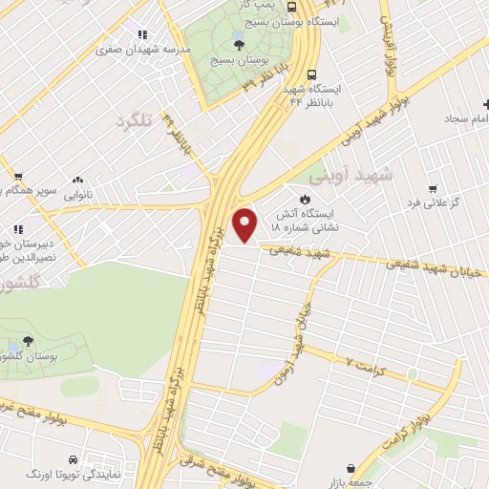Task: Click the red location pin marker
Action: (x=246, y=223)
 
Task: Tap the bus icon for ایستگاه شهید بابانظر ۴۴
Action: (x=312, y=74)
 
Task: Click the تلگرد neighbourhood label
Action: (x=134, y=121)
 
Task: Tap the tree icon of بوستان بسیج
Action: (x=238, y=42)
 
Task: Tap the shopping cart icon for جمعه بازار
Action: (x=354, y=469)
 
